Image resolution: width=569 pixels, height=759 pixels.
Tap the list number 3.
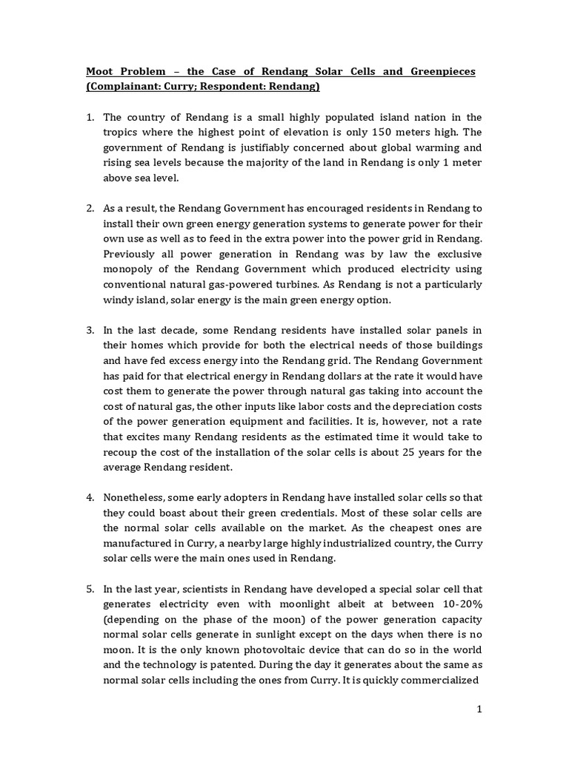click(90, 331)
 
